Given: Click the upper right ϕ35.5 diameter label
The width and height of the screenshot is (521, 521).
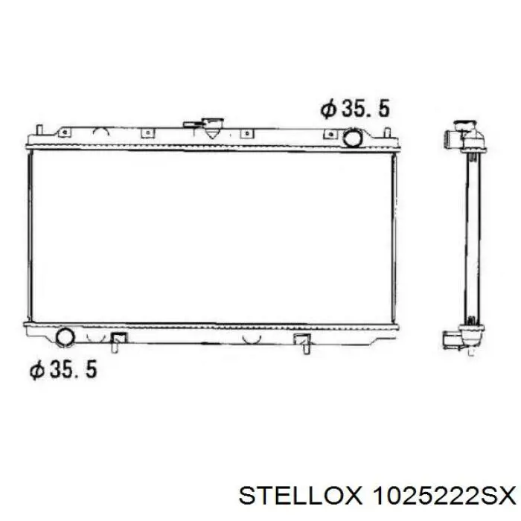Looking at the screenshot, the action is point(355,109).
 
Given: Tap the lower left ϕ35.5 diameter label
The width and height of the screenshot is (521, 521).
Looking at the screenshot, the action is point(63,369).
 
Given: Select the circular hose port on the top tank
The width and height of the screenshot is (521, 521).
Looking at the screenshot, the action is point(352,138).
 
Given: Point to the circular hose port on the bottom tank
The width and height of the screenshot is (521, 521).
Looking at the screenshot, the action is point(65,337).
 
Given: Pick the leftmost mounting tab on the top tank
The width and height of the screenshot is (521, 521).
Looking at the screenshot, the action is point(65,132).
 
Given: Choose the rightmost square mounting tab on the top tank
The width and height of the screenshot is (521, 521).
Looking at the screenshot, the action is point(330,134).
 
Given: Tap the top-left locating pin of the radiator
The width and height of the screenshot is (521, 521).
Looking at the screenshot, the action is point(39,130).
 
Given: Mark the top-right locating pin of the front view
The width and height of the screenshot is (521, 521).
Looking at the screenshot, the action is point(387,132).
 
